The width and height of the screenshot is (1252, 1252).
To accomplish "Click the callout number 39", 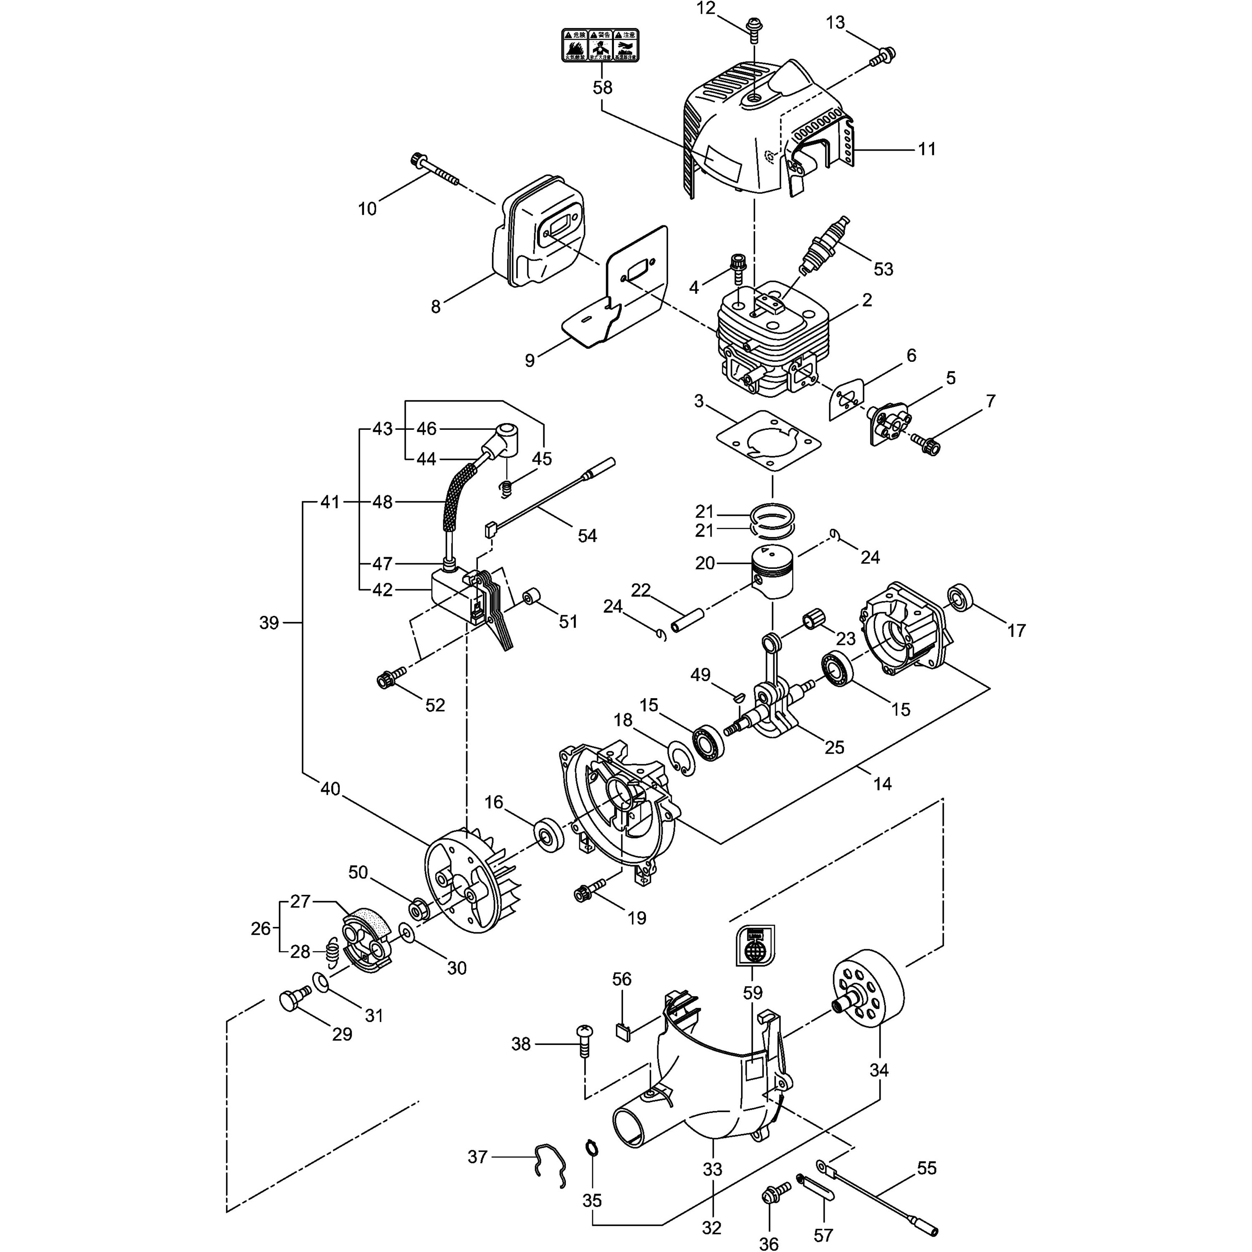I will coord(269,623).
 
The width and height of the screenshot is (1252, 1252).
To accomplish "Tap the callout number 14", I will coord(882,783).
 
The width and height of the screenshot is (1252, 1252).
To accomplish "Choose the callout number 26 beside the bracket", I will coord(260,928).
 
